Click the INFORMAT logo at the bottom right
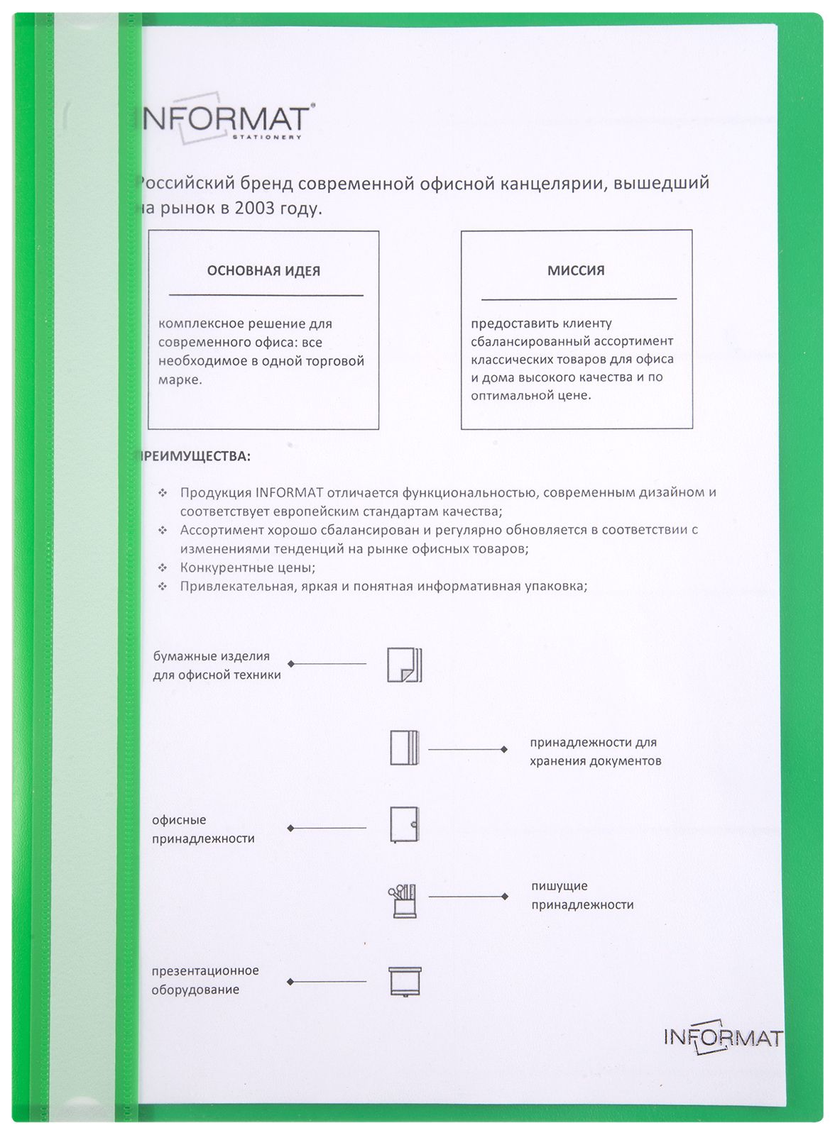point(723,1037)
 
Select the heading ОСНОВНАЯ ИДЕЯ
point(263,271)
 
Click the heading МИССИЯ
point(576,270)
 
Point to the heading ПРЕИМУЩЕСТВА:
point(194,456)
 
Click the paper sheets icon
point(404,665)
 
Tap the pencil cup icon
point(403,901)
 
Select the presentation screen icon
point(405,982)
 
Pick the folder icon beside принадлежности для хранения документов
point(404,748)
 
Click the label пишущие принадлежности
point(582,895)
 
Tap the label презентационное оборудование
point(204,980)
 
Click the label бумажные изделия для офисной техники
point(217,665)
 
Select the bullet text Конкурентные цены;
point(248,567)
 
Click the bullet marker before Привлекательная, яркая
point(163,587)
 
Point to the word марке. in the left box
point(180,380)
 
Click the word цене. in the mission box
point(574,396)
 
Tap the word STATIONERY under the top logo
point(267,137)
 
